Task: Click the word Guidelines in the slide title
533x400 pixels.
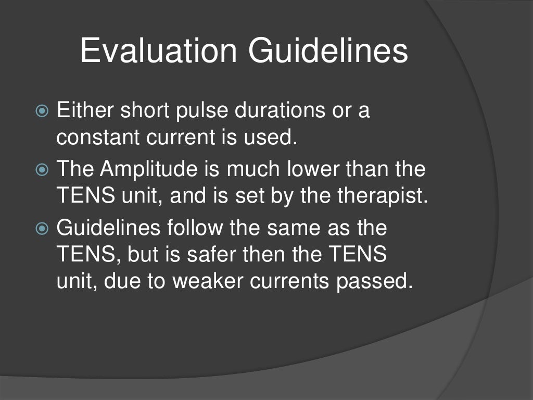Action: click(328, 52)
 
